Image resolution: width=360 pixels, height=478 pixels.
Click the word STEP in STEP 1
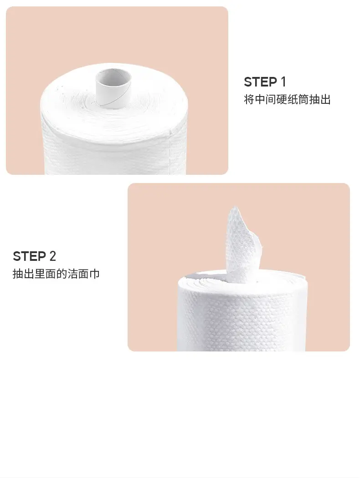point(260,82)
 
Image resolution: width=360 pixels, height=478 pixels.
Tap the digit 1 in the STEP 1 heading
point(283,82)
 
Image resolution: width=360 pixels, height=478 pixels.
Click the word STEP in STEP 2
point(29,256)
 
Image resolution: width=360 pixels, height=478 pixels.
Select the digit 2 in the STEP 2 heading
point(53,256)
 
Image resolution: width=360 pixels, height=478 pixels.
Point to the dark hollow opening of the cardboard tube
point(113,76)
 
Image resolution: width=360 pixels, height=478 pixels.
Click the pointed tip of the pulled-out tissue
point(234,207)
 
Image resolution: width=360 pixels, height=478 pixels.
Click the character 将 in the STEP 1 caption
point(249,100)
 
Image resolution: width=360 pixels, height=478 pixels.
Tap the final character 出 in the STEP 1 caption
point(325,100)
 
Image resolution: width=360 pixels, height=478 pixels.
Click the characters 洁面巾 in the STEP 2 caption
point(83,274)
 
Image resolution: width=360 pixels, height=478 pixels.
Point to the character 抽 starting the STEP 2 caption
point(18,274)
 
